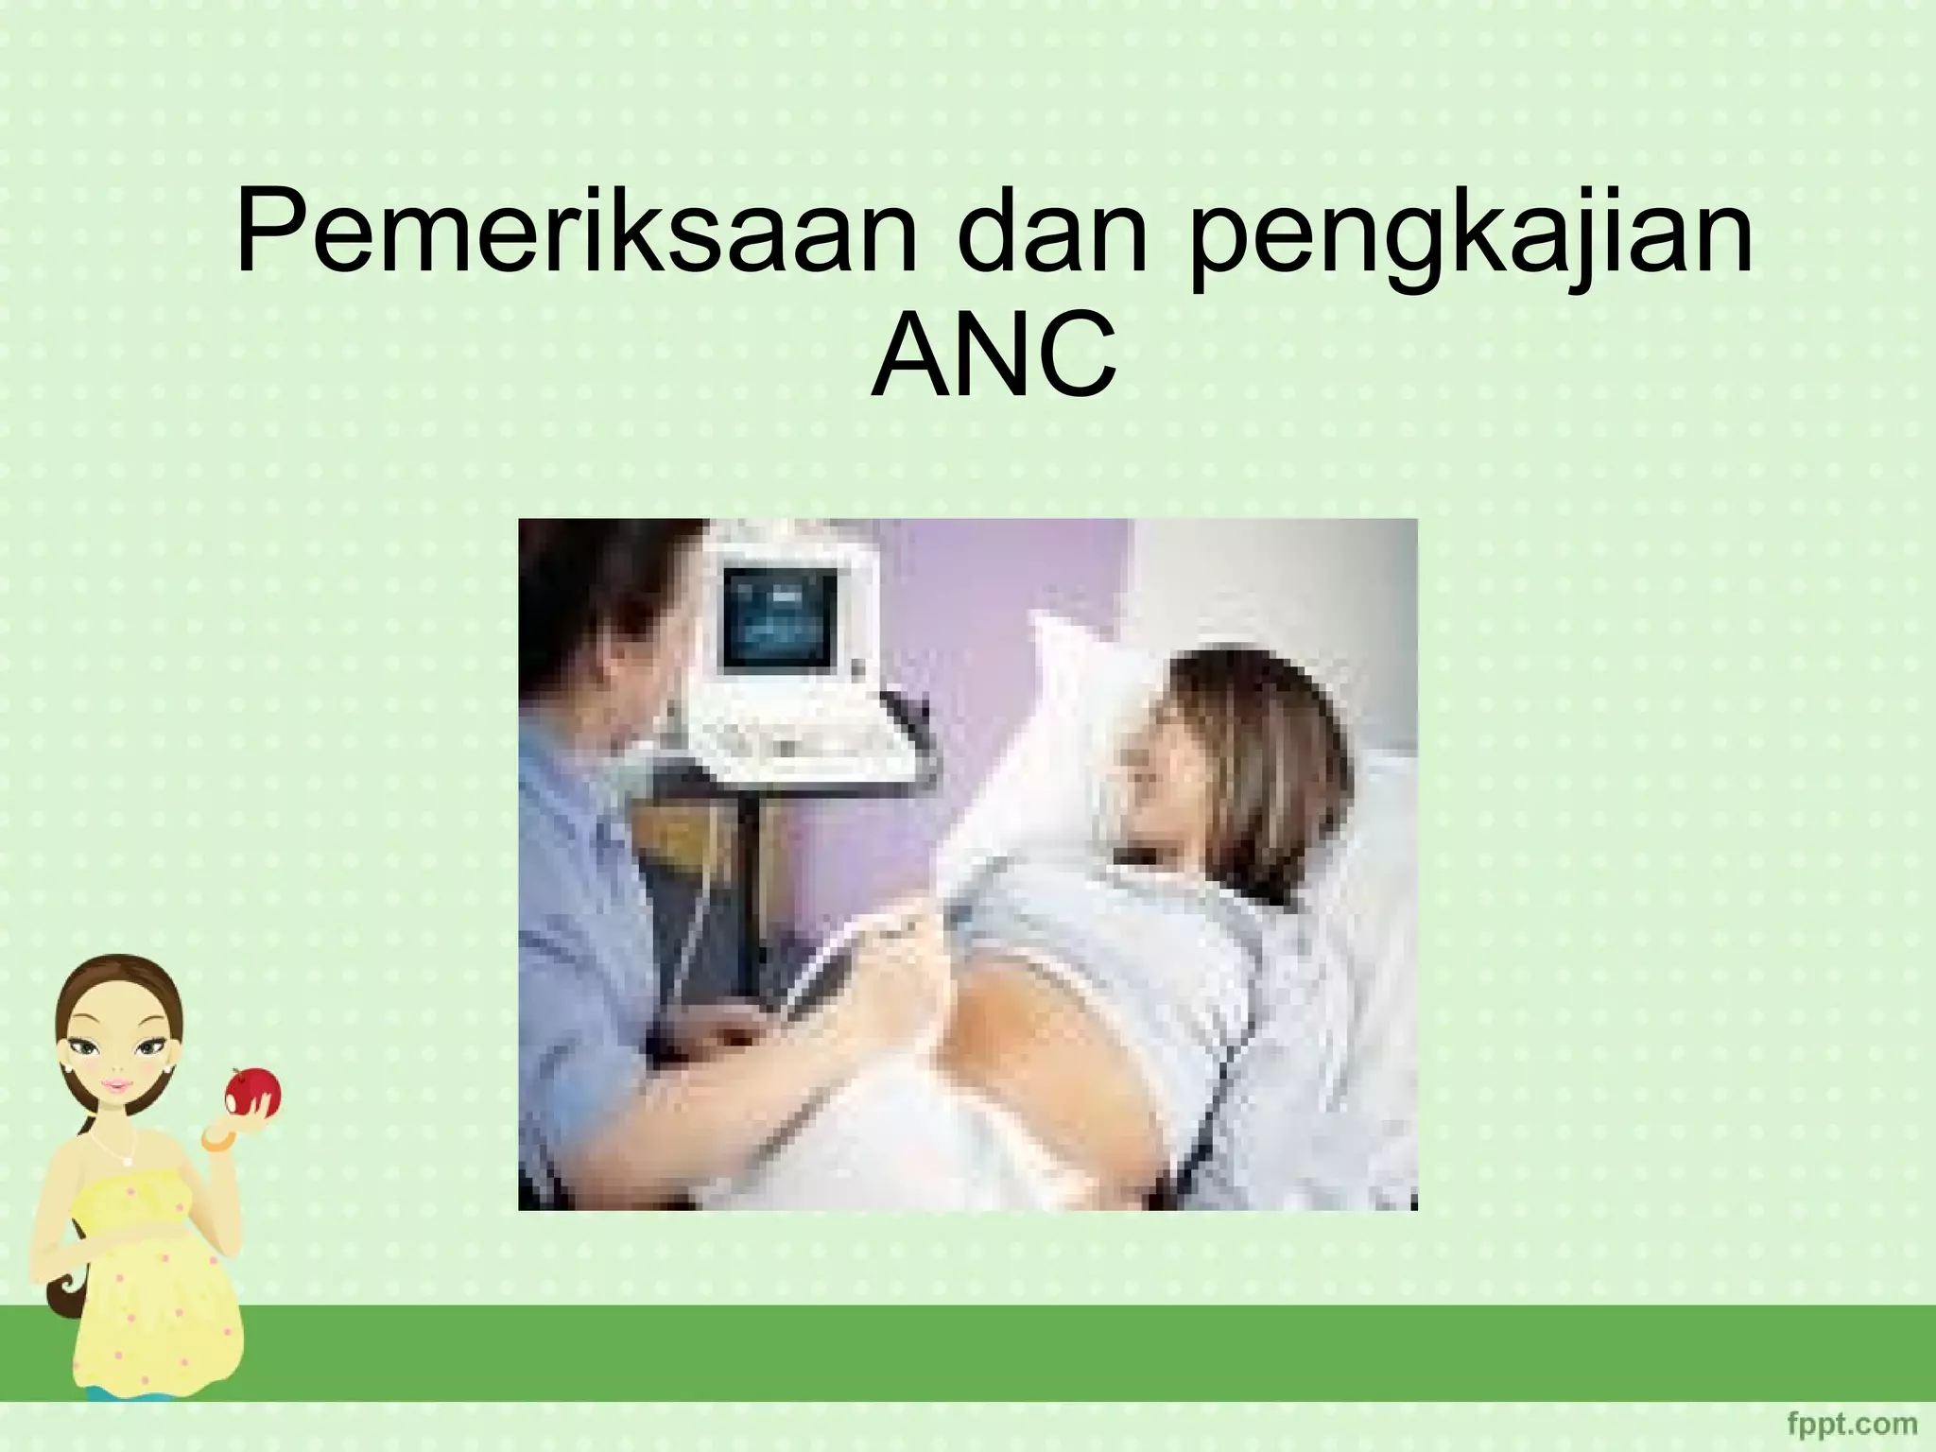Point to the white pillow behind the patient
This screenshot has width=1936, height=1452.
click(1078, 718)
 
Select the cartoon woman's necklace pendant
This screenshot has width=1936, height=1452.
click(124, 1160)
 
